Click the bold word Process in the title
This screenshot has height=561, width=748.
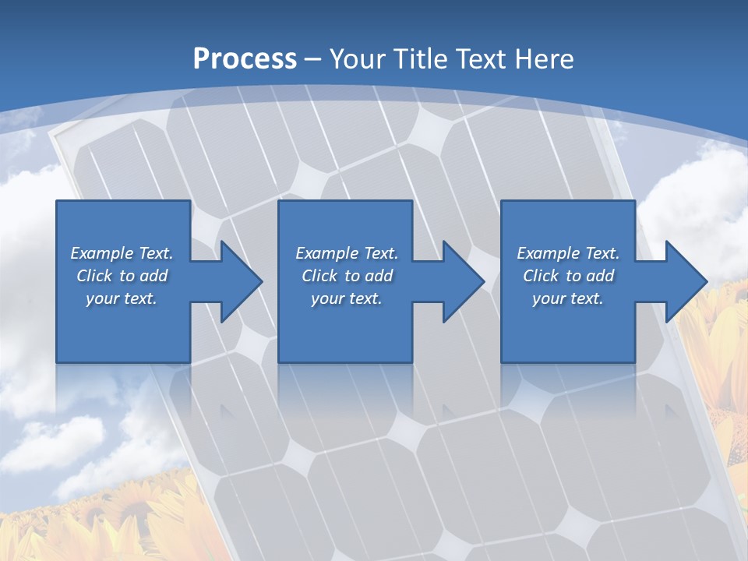pos(245,58)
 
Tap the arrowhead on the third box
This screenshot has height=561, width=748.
pos(684,281)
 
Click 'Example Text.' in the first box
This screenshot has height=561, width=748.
pos(122,253)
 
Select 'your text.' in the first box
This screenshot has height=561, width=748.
pos(122,298)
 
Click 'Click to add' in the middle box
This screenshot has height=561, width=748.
pos(347,276)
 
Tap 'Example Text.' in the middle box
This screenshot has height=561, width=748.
pos(347,253)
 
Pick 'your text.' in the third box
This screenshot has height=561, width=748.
pos(567,298)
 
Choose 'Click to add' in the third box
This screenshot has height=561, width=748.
pos(568,276)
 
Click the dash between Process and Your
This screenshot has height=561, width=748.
pos(313,60)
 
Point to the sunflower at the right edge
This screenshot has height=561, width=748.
pos(717,343)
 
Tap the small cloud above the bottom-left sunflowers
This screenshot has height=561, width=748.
pos(66,440)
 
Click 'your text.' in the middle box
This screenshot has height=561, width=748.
pos(347,298)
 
